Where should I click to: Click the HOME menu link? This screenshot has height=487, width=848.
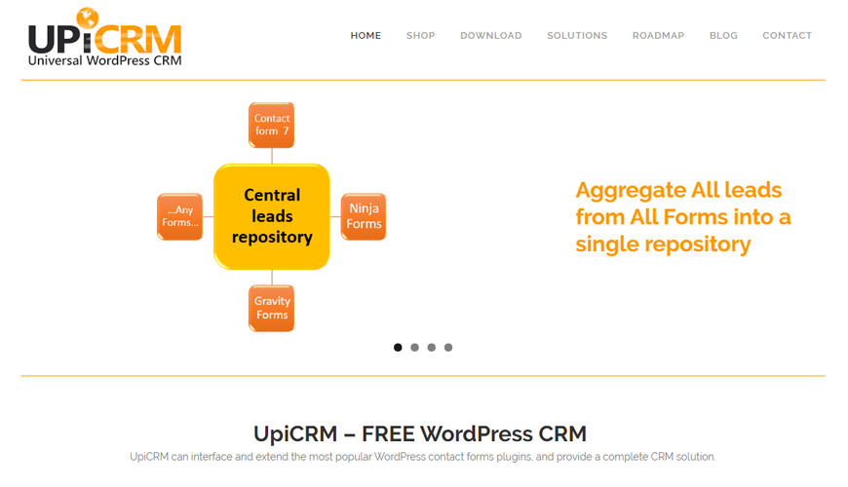(366, 36)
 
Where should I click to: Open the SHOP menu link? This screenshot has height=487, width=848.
(421, 36)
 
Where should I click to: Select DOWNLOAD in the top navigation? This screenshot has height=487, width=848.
(491, 36)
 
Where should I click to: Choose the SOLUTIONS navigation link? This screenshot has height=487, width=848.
(577, 36)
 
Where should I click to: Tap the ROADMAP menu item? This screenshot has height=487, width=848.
(658, 36)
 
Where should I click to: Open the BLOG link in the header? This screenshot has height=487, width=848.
(723, 36)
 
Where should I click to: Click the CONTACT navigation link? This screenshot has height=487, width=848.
(787, 36)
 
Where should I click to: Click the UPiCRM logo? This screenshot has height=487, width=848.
(104, 38)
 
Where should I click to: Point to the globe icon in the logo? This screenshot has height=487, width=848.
(88, 18)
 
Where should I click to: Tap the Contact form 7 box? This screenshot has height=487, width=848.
(272, 125)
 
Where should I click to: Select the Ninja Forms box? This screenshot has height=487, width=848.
(364, 216)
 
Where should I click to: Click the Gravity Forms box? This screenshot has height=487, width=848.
(272, 308)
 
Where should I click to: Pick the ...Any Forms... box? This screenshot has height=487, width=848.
(180, 216)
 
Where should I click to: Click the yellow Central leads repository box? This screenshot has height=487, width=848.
(272, 216)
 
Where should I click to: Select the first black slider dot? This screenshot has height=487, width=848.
(398, 348)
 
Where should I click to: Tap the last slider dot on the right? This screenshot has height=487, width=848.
(448, 348)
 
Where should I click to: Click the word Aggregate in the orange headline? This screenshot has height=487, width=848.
(628, 190)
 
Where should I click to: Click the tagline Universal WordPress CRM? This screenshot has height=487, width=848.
(104, 60)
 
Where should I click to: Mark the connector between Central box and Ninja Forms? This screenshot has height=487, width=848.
(336, 216)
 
